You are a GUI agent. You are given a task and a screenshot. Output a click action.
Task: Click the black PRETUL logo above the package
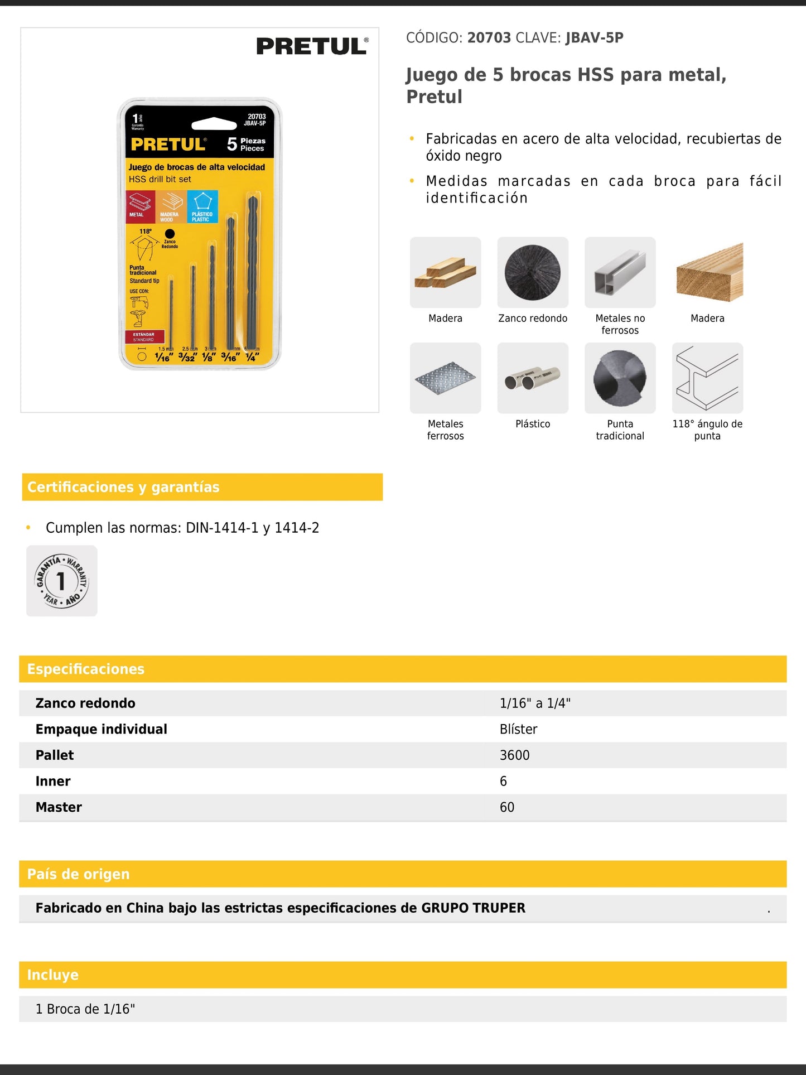pyautogui.click(x=312, y=46)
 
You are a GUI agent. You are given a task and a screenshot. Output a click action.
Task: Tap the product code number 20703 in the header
pyautogui.click(x=489, y=38)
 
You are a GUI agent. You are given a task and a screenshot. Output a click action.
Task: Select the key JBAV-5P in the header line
pyautogui.click(x=594, y=38)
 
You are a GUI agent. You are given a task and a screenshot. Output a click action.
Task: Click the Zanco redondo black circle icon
pyautogui.click(x=533, y=272)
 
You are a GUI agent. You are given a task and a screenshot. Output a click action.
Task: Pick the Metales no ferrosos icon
pyautogui.click(x=620, y=272)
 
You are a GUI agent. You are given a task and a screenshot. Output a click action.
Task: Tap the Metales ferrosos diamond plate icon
pyautogui.click(x=445, y=378)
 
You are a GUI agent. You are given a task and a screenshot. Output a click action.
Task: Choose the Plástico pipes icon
pyautogui.click(x=533, y=378)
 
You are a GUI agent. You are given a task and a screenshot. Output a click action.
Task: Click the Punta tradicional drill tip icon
pyautogui.click(x=620, y=378)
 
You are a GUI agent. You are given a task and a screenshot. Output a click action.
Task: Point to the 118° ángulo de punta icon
pyautogui.click(x=707, y=378)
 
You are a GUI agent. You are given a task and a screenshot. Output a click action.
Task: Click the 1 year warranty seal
pyautogui.click(x=62, y=581)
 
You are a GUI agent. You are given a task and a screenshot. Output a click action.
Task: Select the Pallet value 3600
pyautogui.click(x=514, y=755)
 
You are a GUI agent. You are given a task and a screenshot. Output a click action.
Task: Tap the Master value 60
pyautogui.click(x=507, y=807)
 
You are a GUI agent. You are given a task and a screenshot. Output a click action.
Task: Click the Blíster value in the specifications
pyautogui.click(x=518, y=729)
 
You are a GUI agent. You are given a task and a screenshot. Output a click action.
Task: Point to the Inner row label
pyautogui.click(x=53, y=781)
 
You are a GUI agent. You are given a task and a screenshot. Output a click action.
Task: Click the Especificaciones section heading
pyautogui.click(x=86, y=669)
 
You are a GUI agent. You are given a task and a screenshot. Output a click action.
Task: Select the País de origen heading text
pyautogui.click(x=78, y=874)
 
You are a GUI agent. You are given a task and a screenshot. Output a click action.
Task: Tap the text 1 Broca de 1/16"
pyautogui.click(x=85, y=1009)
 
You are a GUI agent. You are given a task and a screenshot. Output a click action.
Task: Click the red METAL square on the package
pyautogui.click(x=140, y=206)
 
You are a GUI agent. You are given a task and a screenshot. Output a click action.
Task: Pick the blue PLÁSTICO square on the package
pyautogui.click(x=202, y=206)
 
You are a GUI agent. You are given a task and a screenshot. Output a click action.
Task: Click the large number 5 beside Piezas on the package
pyautogui.click(x=232, y=144)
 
